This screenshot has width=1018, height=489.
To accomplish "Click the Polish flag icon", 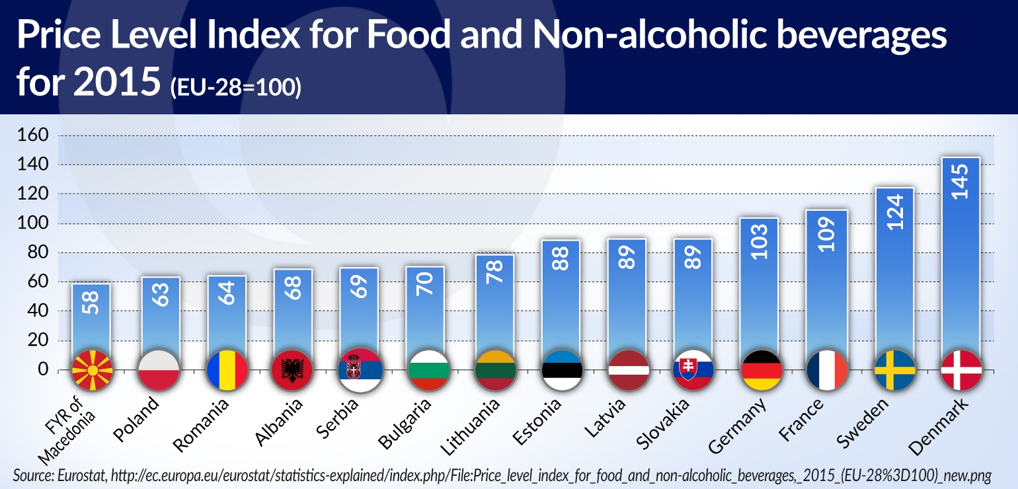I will click(x=159, y=370).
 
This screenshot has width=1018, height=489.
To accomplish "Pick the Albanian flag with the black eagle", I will click(x=292, y=370).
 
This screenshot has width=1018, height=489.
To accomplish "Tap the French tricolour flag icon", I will click(x=827, y=370).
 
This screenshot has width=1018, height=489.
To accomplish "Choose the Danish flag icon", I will click(x=960, y=370).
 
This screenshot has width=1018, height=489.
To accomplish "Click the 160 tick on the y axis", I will click(x=35, y=135).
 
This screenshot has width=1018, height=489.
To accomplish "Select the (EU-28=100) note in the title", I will click(x=235, y=87).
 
